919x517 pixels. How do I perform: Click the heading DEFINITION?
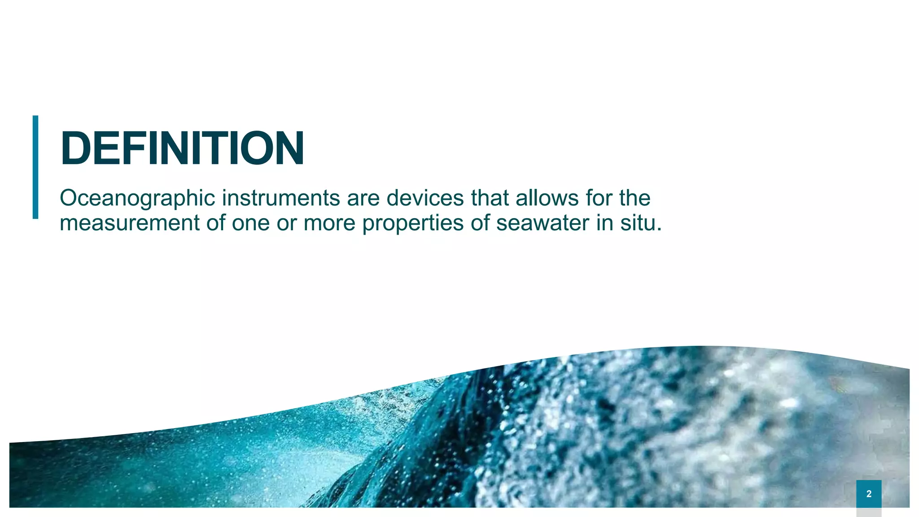[182, 149]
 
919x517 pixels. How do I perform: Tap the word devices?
[425, 198]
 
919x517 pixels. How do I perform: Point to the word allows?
[547, 198]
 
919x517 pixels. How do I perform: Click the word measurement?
[129, 223]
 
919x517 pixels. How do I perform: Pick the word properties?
[412, 223]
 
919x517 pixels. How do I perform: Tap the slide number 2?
[869, 494]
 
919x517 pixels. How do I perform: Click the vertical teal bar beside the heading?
[35, 167]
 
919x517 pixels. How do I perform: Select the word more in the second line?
[329, 223]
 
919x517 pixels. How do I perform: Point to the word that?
[490, 198]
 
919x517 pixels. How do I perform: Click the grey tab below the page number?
[869, 512]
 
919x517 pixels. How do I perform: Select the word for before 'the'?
[599, 198]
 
